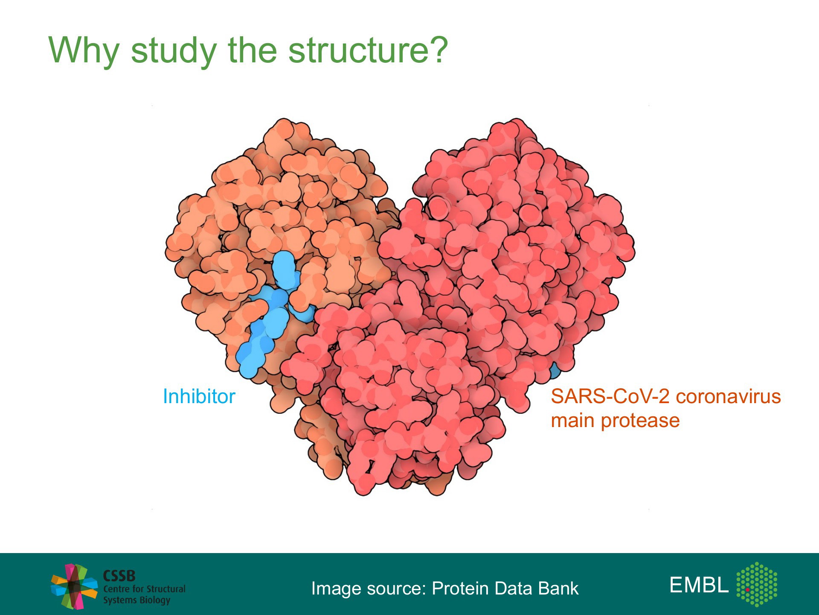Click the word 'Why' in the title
pos(84,50)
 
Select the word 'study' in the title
pos(174,50)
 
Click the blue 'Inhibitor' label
pos(199,396)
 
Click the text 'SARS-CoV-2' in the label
pos(610,396)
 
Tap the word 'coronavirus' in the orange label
pos(729,396)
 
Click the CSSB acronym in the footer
pos(119,576)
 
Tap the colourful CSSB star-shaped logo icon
pos(74,586)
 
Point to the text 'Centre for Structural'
pos(144,589)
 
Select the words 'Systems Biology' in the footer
pos(136,600)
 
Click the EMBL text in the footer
pos(699,585)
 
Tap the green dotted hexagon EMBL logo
pos(757,584)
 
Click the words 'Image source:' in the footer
pos(369,589)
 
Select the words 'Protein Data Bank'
pos(505,588)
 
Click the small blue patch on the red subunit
pos(554,371)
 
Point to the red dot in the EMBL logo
pos(748,589)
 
